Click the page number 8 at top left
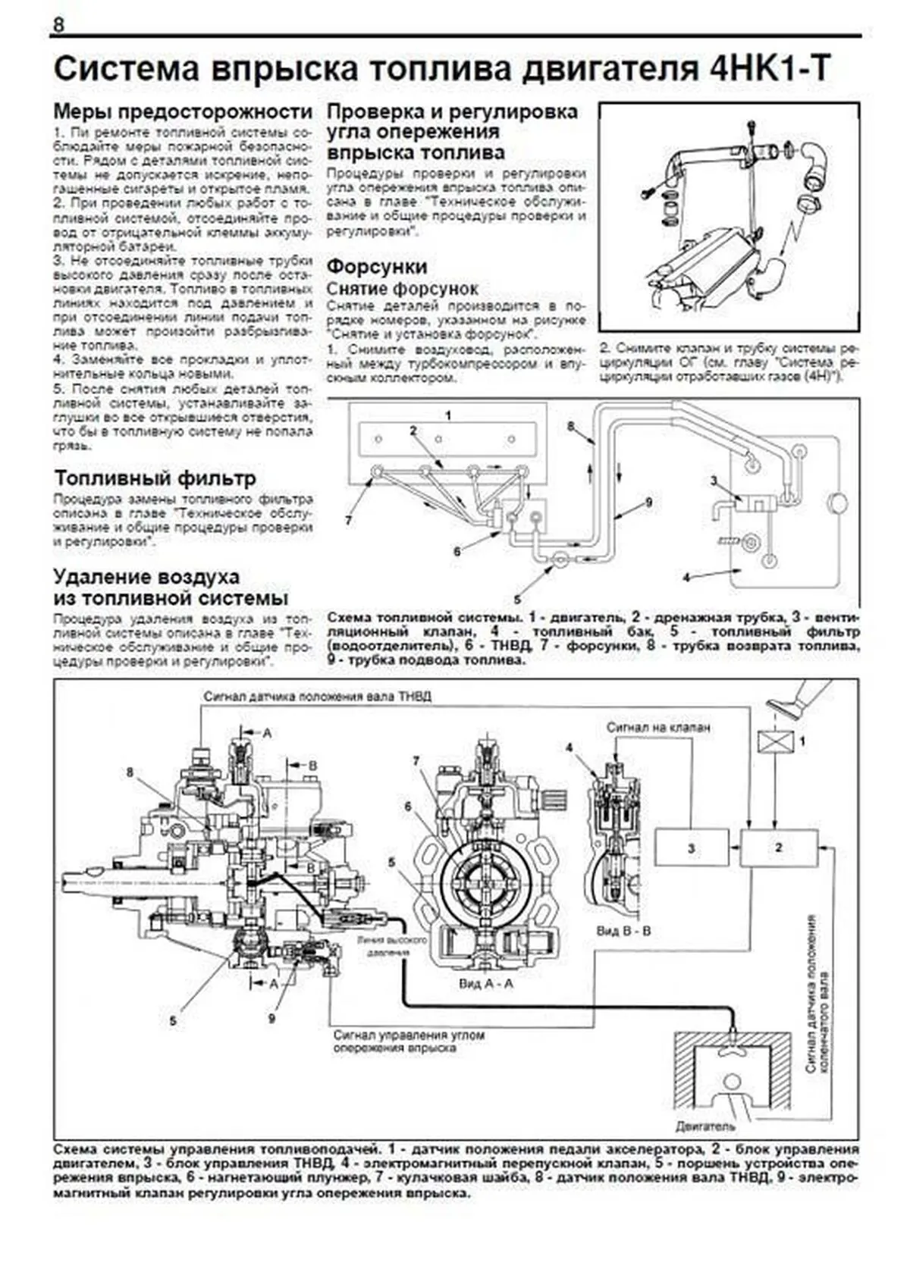coord(58,24)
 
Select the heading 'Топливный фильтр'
coord(155,478)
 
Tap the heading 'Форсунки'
coord(377,267)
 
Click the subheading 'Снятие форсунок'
coord(402,289)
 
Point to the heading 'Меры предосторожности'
coord(183,111)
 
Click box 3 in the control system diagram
coord(690,847)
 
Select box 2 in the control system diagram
coord(779,847)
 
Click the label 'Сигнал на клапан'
coord(658,727)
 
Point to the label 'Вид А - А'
coord(486,983)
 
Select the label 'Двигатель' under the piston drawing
coord(705,1126)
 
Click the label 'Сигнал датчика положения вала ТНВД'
coord(317,696)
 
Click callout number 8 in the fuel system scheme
coord(571,427)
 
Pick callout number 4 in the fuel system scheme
coord(686,578)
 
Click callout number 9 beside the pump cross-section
coord(271,1018)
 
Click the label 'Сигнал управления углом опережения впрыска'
coord(409,1041)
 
